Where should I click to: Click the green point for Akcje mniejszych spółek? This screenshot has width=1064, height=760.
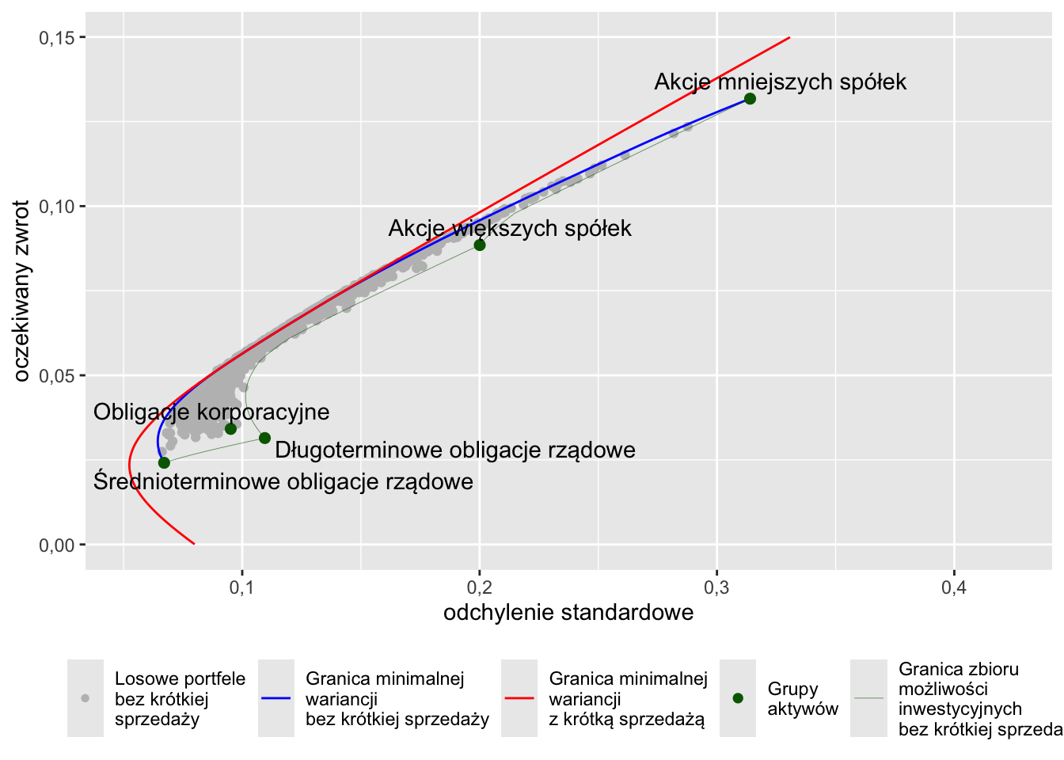point(750,99)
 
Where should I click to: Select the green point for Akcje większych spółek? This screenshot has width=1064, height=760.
point(480,245)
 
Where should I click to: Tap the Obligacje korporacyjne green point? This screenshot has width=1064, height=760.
point(231,429)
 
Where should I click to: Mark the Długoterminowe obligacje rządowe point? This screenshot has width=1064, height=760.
point(264,439)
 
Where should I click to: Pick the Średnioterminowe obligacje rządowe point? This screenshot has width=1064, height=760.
point(164,463)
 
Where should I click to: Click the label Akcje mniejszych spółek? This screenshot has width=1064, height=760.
point(780,82)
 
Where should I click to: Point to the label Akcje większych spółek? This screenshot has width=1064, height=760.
point(510,229)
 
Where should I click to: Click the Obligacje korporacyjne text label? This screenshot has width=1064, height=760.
point(211,412)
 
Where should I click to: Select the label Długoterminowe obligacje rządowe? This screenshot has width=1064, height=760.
point(455,450)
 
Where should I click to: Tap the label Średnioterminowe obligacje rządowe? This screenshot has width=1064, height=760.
point(283,482)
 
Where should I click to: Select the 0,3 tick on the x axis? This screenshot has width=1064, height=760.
point(716,587)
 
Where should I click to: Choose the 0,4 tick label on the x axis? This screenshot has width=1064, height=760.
point(954,587)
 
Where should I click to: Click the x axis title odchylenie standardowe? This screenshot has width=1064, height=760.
point(568,613)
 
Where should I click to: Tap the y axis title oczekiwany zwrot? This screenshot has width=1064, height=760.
point(21,291)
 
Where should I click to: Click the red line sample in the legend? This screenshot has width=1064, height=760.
point(519,699)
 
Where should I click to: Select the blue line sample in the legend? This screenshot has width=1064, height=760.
point(275,699)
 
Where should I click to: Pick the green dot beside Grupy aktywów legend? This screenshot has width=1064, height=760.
point(738,699)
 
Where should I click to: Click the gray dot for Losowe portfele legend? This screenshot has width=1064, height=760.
point(85,699)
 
